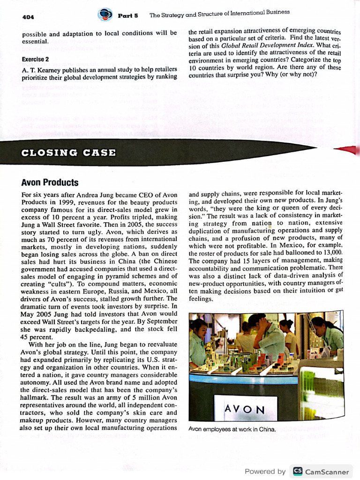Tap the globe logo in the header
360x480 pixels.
tap(105, 15)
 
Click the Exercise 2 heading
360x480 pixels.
tap(35, 60)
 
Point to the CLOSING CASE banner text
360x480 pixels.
tap(69, 152)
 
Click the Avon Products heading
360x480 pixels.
tap(50, 182)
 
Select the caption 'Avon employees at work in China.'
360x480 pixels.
tap(232, 429)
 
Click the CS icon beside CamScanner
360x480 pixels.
tap(297, 471)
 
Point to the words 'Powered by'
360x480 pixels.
tap(265, 472)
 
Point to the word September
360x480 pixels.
tap(160, 321)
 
